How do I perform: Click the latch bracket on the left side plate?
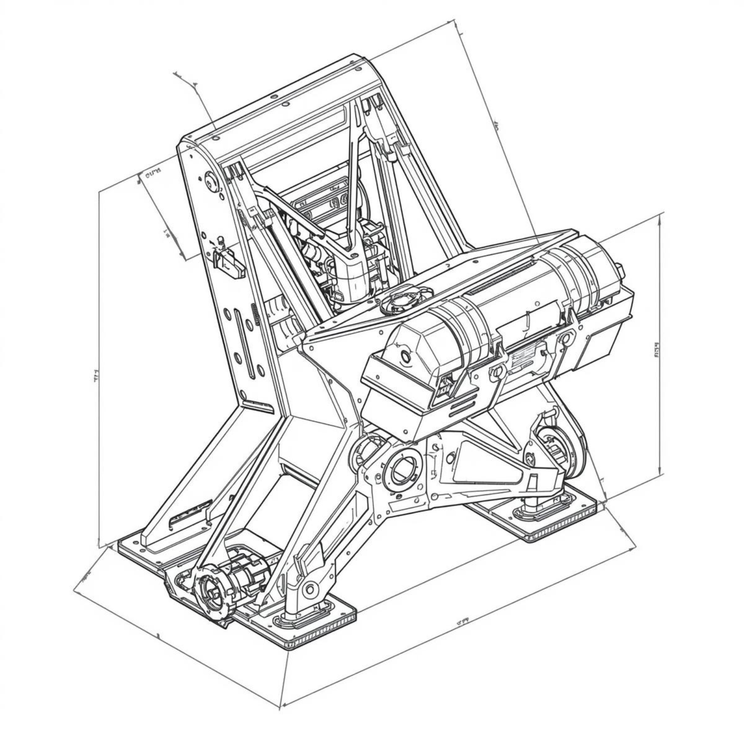[229, 263]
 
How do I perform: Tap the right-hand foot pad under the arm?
[553, 516]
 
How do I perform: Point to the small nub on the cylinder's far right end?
[619, 268]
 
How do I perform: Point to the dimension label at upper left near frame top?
[153, 173]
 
